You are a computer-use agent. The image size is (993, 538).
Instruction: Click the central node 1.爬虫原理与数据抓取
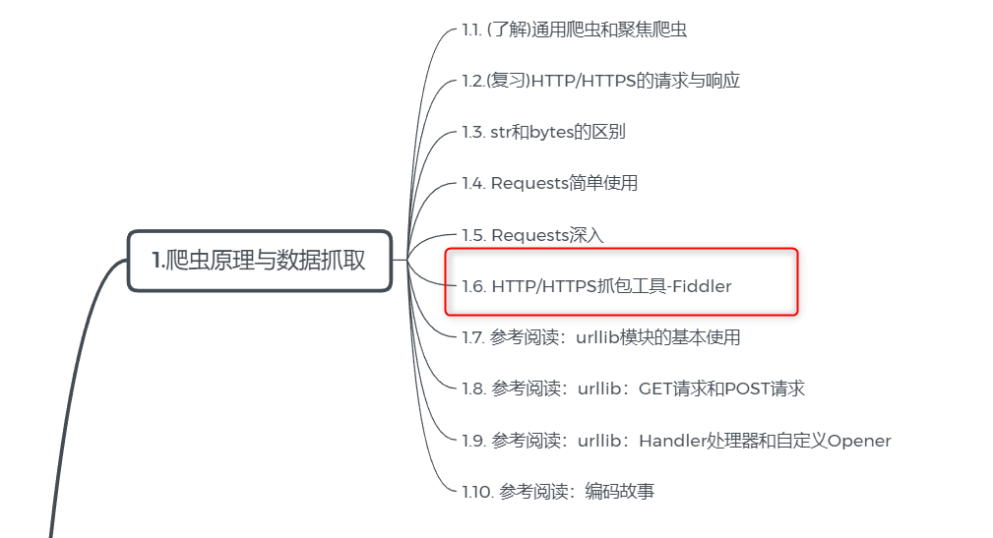(260, 260)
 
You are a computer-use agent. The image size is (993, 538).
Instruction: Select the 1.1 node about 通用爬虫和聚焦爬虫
(574, 30)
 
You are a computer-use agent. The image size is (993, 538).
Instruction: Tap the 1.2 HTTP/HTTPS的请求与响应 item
(600, 81)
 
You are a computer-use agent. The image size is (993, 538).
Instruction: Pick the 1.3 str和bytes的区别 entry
(543, 132)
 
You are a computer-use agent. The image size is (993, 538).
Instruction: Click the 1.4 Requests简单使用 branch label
(549, 183)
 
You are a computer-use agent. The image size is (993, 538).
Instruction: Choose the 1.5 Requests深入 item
(532, 235)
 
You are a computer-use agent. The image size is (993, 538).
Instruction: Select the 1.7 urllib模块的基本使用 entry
(600, 337)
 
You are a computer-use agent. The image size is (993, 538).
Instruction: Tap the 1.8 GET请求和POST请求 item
(633, 389)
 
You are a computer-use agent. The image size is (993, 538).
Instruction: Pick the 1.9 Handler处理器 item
(676, 441)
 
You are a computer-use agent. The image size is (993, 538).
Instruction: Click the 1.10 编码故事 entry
(558, 492)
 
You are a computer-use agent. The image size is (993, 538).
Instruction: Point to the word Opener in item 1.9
(859, 441)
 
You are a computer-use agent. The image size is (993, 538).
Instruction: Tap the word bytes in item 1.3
(551, 132)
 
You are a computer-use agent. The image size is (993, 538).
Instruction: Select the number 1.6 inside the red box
(473, 286)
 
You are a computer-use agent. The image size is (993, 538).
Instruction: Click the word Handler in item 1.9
(672, 441)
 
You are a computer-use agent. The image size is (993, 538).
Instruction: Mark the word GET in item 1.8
(655, 389)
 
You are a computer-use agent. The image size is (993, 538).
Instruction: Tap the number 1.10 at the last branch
(476, 492)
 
